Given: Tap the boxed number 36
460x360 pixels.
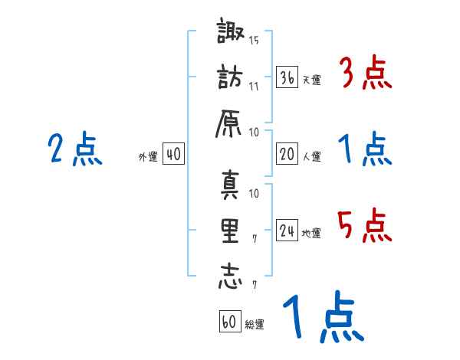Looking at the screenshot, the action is click(287, 77).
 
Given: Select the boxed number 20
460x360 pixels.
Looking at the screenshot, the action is click(287, 154).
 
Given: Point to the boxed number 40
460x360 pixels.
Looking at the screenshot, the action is click(172, 154).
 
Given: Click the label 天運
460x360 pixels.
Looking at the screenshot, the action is click(311, 80).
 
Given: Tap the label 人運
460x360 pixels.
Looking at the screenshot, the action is click(311, 156).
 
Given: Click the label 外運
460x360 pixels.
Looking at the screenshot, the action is click(148, 156).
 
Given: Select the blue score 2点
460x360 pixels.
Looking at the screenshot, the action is click(75, 150).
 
